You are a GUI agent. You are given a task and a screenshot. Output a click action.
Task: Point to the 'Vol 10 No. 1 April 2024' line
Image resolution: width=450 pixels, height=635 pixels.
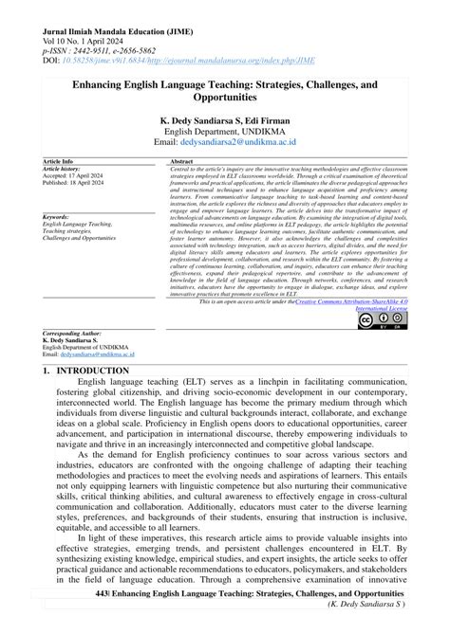click(84, 20)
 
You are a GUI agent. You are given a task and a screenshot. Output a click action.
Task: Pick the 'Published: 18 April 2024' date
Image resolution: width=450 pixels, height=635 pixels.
click(83, 190)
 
